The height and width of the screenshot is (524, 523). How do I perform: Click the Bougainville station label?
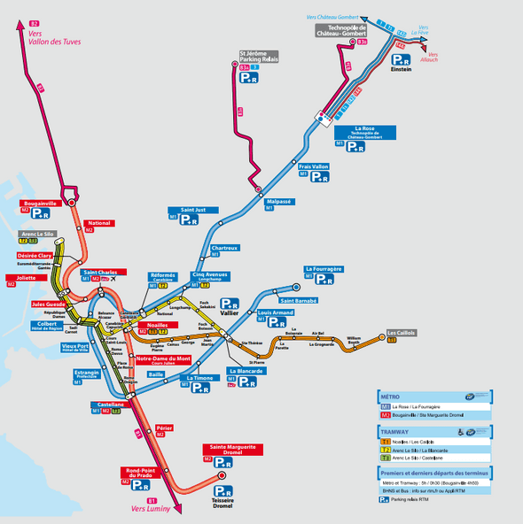pyautogui.click(x=38, y=203)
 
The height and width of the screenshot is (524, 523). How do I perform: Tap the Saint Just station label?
pyautogui.click(x=193, y=210)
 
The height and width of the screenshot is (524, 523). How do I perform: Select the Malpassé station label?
pyautogui.click(x=279, y=201)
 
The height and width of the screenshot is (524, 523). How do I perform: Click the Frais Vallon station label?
pyautogui.click(x=314, y=166)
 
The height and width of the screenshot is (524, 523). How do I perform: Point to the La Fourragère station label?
pyautogui.click(x=324, y=268)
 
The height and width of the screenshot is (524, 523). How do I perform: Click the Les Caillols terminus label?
pyautogui.click(x=401, y=333)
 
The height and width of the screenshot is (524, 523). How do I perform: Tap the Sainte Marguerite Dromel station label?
pyautogui.click(x=231, y=449)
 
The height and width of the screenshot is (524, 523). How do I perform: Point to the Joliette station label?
pyautogui.click(x=26, y=277)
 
